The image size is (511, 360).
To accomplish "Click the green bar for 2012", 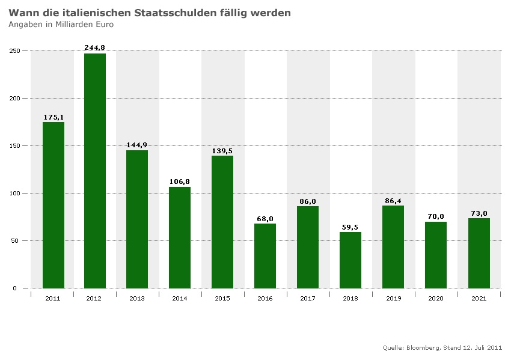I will pos(95,171).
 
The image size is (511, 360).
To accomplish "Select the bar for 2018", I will pos(350,260).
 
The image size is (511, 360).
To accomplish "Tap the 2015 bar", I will pos(222,222).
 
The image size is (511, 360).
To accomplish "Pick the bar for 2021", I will pos(479,253).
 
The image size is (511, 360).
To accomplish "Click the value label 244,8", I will pos(95,47).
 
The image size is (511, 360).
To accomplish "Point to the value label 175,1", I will pos(54,117).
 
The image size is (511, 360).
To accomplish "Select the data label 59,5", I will pos(350,227).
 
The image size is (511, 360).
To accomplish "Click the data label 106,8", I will pos(180,181).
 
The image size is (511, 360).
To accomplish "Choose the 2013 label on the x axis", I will pos(137,299).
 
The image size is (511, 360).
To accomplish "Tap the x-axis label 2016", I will pos(265,299).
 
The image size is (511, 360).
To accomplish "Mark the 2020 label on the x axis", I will pos(435,299).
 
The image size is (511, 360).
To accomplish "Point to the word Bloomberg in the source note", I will pos(423,348).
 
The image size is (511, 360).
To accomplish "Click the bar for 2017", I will pos(308,247).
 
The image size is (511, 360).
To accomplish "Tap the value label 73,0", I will pos(479,213).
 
